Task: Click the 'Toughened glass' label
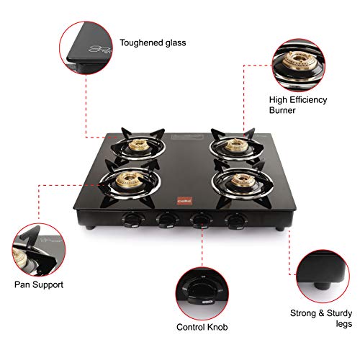coord(153,42)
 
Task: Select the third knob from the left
coord(197,217)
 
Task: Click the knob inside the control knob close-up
coord(202,279)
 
